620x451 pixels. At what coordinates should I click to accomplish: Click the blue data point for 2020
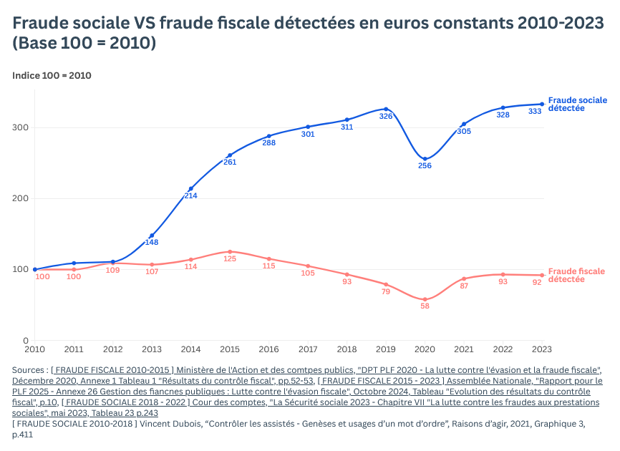[425, 159]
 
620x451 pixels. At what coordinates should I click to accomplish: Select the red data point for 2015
[230, 252]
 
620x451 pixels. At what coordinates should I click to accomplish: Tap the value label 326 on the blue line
[386, 116]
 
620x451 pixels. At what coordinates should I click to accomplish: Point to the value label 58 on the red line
[425, 306]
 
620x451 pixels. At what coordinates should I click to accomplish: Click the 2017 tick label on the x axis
[308, 349]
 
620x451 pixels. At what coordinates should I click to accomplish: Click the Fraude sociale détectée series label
[577, 104]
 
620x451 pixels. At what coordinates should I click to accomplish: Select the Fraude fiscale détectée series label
[576, 275]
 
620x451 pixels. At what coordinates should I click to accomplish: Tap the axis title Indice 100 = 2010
[52, 75]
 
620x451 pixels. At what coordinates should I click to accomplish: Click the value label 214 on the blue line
[190, 195]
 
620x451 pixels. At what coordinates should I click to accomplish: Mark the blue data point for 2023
[542, 104]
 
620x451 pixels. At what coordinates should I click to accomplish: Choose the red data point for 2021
[464, 278]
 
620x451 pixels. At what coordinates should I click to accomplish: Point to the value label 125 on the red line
[230, 259]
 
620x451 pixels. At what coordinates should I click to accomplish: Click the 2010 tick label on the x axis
[34, 349]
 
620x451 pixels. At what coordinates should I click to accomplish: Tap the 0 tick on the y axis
[26, 341]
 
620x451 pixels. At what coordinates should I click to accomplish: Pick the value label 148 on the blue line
[152, 242]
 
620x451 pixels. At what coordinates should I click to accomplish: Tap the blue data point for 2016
[269, 136]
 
